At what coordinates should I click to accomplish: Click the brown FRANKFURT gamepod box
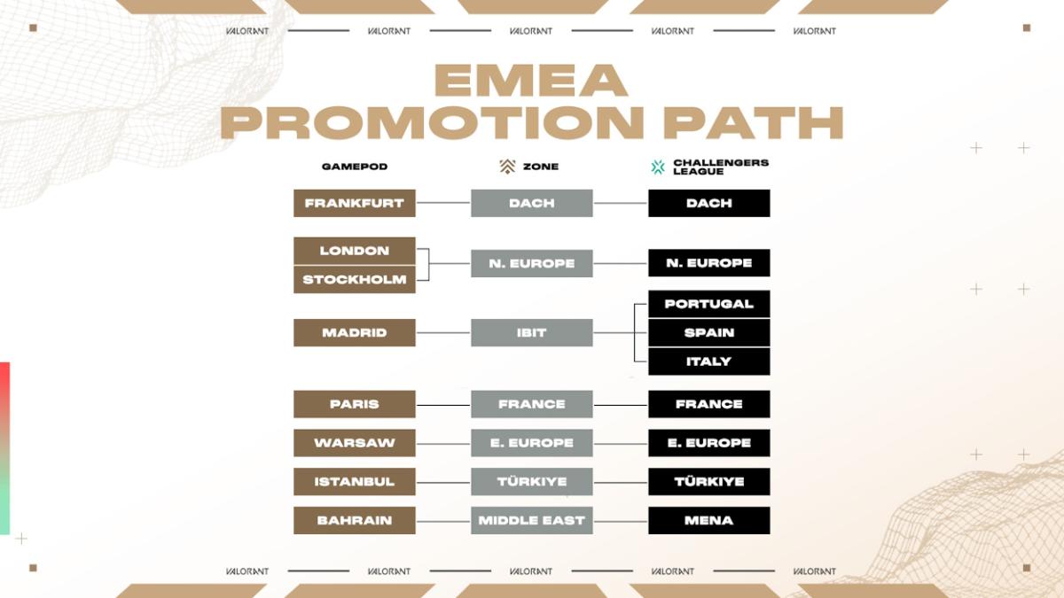point(354,203)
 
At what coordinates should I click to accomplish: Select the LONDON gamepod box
point(354,251)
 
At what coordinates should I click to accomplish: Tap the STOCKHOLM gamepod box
point(354,279)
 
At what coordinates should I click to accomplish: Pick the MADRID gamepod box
point(354,332)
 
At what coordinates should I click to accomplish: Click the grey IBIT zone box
point(531,332)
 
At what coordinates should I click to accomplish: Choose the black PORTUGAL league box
point(708,304)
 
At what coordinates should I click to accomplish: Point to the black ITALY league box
point(708,361)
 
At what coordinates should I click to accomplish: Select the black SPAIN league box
point(708,332)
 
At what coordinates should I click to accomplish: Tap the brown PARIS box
point(354,404)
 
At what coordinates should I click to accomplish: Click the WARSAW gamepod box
point(354,443)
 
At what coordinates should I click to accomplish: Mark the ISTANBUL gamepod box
point(354,482)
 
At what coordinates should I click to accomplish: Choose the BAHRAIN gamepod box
point(354,520)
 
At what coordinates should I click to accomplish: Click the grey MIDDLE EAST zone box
point(531,520)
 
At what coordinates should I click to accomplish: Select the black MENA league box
point(708,520)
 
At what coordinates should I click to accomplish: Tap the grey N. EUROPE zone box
point(531,263)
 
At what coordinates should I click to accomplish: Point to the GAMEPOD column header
point(354,167)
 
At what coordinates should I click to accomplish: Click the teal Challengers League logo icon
point(658,167)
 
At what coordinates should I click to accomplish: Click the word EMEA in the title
point(531,82)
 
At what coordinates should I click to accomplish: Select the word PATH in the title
point(753,123)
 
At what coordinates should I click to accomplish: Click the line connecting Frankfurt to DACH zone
point(442,203)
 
